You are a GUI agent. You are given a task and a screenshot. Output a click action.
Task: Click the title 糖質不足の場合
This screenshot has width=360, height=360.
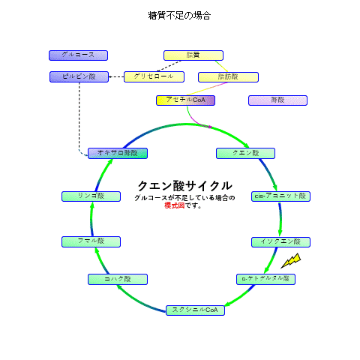pos(179,15)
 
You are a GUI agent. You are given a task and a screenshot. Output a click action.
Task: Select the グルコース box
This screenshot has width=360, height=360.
pos(78,55)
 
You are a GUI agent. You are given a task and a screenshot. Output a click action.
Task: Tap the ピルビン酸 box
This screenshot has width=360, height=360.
pos(79,76)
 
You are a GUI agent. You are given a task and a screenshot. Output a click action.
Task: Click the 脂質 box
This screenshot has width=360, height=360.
pos(193,55)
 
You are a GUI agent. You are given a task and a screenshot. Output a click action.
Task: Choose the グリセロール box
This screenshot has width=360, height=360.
pos(153,76)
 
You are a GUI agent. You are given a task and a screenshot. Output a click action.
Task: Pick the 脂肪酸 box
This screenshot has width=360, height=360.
pos(228,76)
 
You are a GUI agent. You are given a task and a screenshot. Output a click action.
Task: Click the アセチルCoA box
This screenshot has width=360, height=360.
pos(185,100)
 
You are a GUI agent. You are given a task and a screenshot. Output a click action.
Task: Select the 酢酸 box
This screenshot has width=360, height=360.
pos(278,100)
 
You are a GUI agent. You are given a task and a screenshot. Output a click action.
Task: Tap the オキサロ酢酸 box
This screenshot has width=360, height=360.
pos(118,153)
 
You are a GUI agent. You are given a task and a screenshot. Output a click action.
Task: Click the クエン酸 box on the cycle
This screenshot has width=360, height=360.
pos(245,153)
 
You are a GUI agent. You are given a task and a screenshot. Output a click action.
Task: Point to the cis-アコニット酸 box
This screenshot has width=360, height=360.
pos(280,196)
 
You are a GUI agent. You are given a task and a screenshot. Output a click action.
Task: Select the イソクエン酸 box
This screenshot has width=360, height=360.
pos(280,241)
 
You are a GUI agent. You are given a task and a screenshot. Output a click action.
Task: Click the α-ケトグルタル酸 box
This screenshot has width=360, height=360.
pos(265,279)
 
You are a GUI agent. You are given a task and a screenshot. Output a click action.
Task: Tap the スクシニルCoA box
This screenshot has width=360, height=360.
pos(196,310)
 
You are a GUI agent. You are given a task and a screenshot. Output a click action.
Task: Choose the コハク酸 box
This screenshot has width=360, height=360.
pos(118,279)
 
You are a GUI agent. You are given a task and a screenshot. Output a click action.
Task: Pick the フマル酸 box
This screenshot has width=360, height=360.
pos(91,241)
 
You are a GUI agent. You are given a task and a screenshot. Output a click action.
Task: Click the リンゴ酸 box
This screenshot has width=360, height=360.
pos(91,196)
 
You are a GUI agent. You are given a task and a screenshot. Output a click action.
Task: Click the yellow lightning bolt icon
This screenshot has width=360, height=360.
pos(291,260)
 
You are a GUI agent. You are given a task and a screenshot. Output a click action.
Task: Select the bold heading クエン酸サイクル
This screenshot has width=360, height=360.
pos(184,185)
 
